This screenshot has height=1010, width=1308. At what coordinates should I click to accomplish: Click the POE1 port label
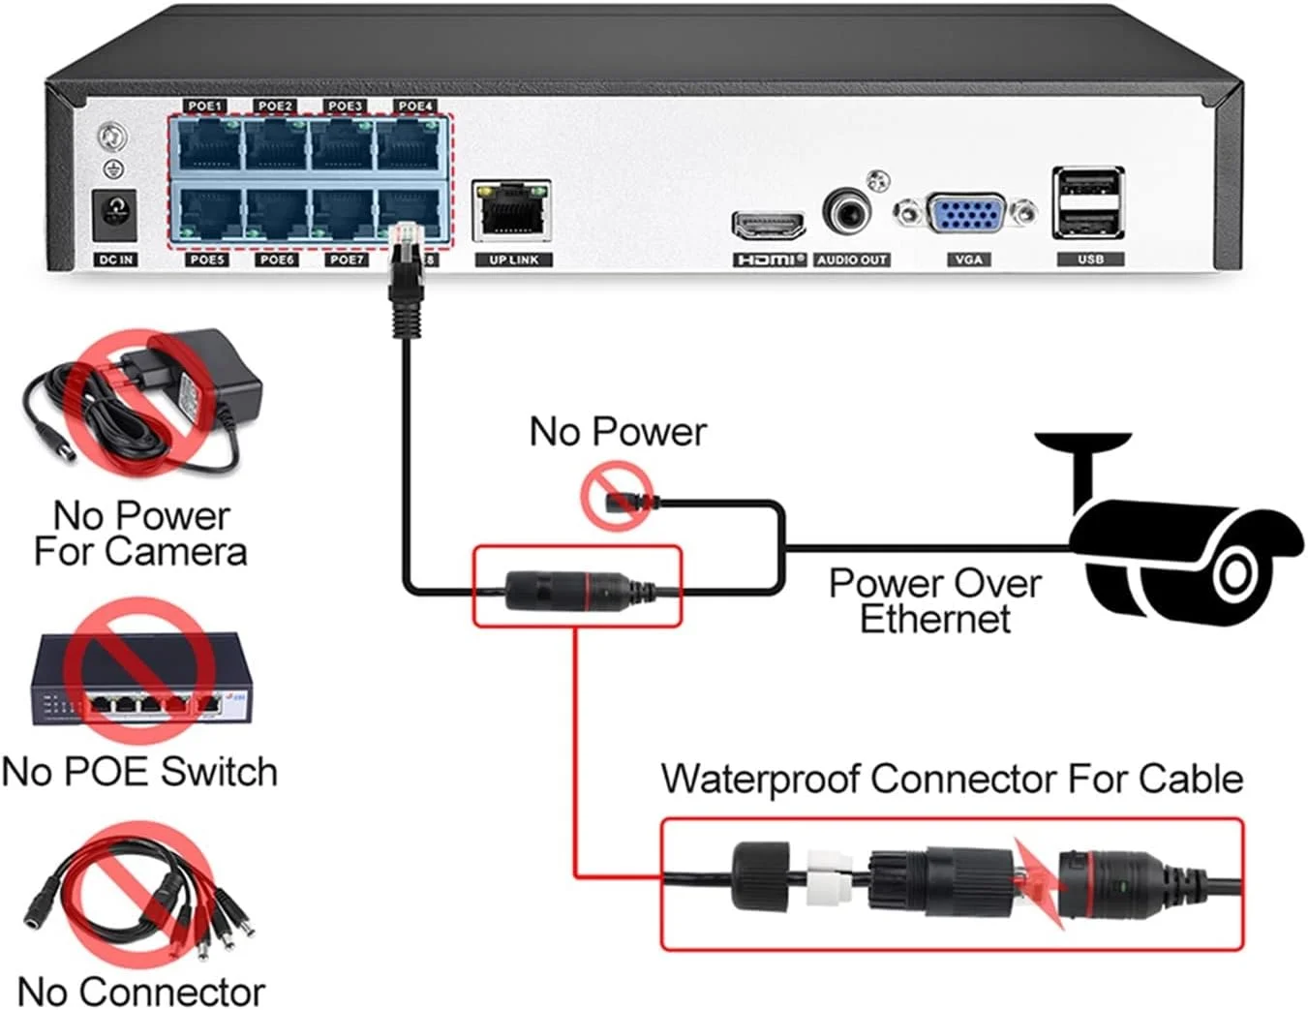(x=205, y=106)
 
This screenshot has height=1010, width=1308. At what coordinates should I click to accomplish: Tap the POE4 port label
(x=415, y=106)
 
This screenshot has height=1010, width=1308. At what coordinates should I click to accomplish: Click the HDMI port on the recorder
(x=768, y=226)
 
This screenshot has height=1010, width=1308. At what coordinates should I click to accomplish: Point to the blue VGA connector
(x=964, y=212)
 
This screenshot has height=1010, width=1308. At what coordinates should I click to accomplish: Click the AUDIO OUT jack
(x=847, y=210)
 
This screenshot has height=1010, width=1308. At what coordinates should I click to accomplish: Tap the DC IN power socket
(x=115, y=214)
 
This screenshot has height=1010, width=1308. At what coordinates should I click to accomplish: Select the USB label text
(x=1090, y=260)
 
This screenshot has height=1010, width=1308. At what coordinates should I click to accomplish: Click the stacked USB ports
(x=1088, y=202)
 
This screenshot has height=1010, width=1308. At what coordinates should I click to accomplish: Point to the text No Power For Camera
(x=140, y=534)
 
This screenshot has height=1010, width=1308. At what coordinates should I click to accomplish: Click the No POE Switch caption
(x=140, y=772)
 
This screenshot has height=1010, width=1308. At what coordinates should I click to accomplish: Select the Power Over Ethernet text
(x=934, y=600)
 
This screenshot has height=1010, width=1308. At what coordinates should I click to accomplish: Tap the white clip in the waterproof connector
(x=827, y=876)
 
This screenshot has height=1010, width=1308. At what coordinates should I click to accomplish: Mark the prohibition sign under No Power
(x=617, y=496)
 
